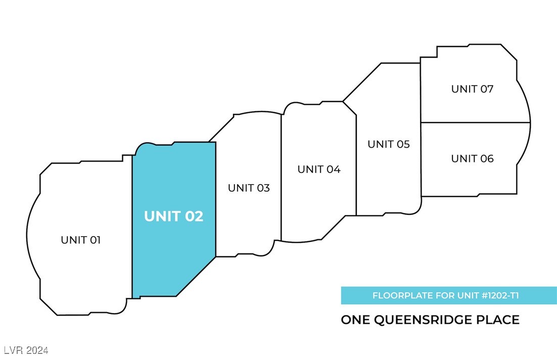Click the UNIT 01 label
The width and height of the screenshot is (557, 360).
81,240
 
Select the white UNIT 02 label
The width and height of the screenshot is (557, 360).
173,216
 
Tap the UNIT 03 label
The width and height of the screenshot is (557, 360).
249,188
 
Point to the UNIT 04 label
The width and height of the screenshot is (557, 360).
319,169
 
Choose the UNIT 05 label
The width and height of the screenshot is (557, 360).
388,144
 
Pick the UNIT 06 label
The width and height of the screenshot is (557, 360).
472,159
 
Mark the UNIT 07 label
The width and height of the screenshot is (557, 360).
472,89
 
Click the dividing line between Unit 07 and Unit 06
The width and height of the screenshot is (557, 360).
475,122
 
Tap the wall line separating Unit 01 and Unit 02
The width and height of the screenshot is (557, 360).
132,222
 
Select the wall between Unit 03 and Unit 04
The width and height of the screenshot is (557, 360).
281,177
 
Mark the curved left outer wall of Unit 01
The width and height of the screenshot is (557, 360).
28,238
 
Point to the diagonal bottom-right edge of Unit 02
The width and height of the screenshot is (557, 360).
196,276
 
